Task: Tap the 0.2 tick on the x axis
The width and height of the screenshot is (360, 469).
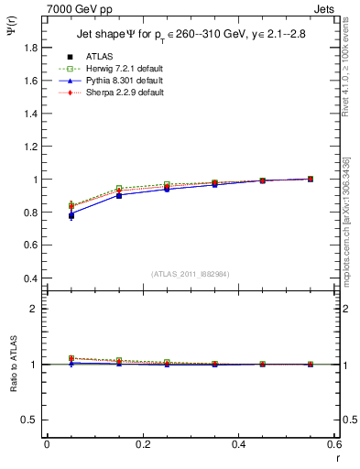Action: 142,444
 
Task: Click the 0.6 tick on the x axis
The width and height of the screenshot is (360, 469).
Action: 333,444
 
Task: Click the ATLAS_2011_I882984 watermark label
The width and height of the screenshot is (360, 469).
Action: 190,274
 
